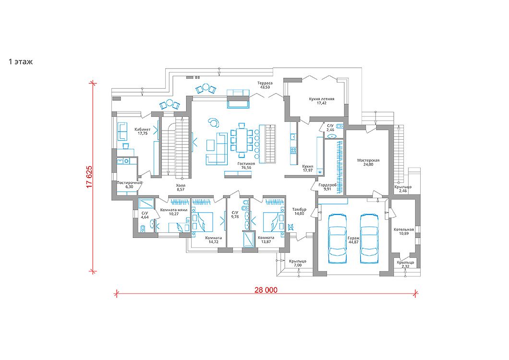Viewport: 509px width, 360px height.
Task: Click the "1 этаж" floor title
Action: tap(21, 61)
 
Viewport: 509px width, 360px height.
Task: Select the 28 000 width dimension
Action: tap(266, 290)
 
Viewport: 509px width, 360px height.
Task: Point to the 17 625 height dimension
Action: tap(89, 177)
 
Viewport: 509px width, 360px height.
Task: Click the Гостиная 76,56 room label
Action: tap(246, 166)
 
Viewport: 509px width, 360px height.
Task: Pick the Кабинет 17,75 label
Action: tap(143, 131)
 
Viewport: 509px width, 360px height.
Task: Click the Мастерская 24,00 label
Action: tap(368, 162)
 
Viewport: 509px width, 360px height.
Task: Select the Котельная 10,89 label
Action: tap(404, 231)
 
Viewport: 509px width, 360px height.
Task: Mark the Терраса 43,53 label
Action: tap(265, 85)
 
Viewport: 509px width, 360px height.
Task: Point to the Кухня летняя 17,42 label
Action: tap(321, 101)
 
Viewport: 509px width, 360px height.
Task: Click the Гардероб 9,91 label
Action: tap(327, 187)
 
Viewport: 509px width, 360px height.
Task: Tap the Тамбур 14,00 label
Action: tap(299, 211)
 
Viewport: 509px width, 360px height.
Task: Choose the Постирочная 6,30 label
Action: tap(129, 185)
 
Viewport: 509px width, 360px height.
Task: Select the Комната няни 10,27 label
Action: tap(174, 212)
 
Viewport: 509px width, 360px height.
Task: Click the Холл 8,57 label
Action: tap(181, 187)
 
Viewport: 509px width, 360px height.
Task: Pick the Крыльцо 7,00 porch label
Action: tap(297, 263)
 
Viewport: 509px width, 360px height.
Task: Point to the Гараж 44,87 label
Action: tap(353, 240)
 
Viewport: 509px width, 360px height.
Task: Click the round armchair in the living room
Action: tap(214, 122)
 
